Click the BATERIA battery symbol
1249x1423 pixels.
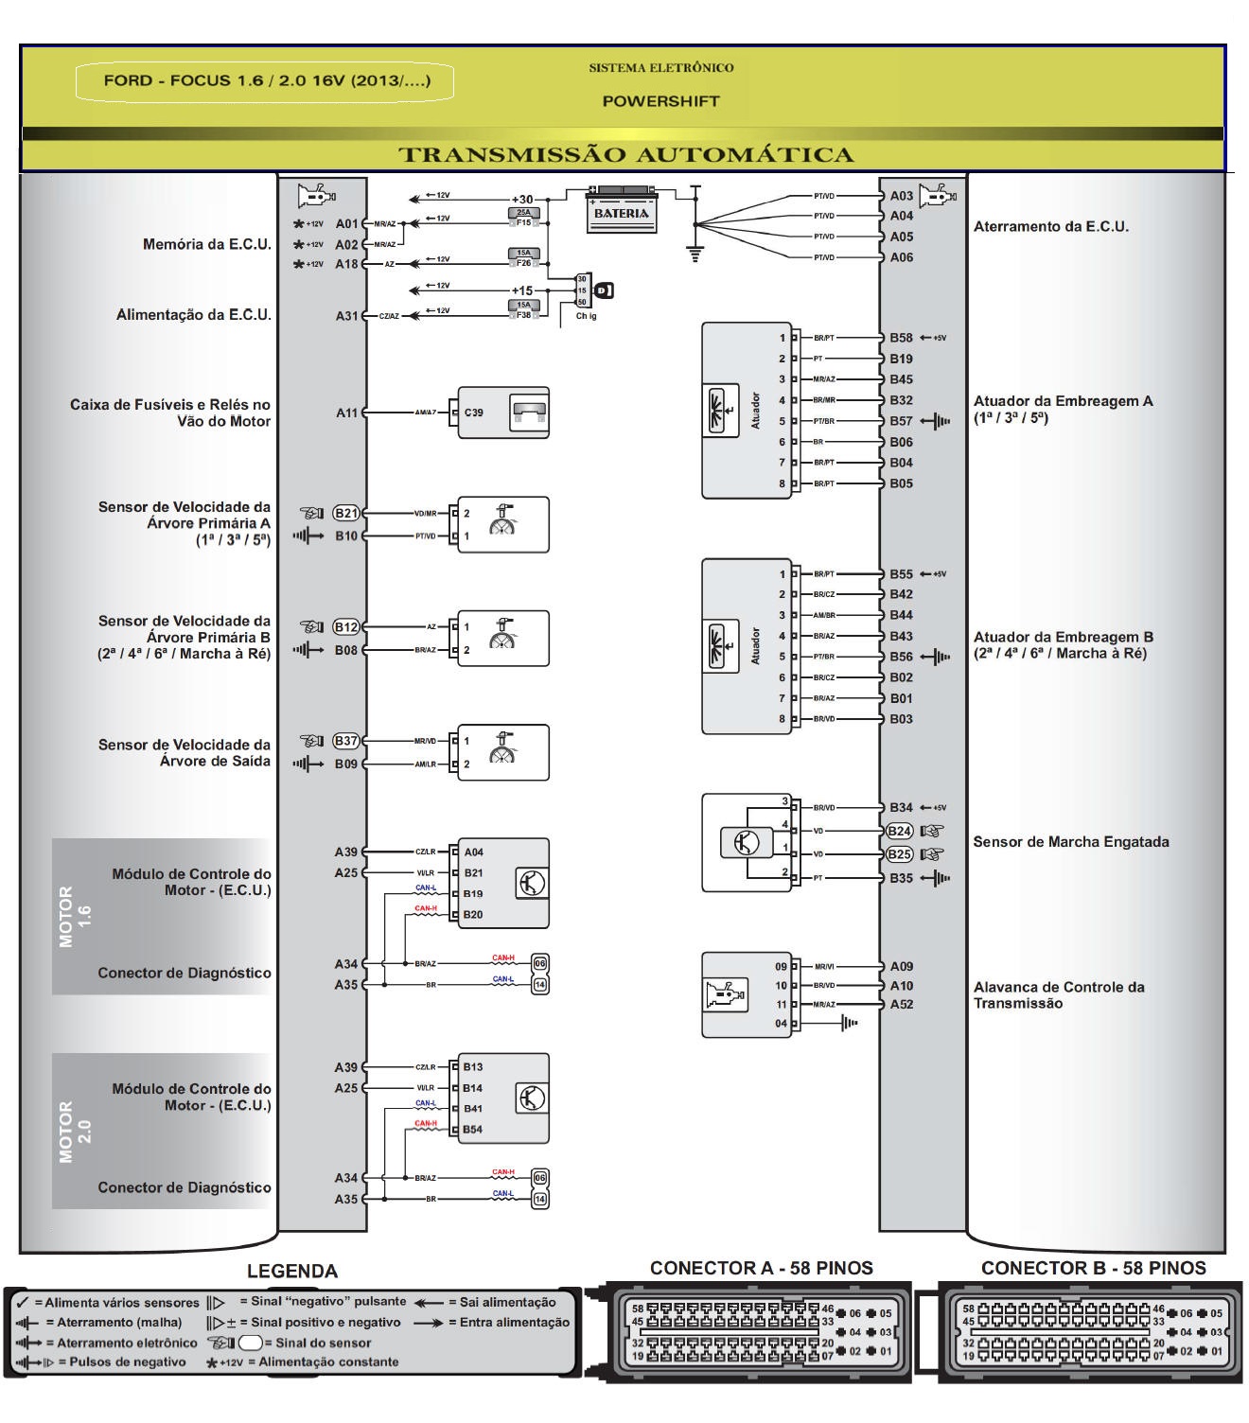(x=622, y=209)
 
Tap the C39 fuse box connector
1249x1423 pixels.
(x=502, y=413)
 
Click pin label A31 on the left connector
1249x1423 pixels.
(x=346, y=316)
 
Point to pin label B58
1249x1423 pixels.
(x=901, y=338)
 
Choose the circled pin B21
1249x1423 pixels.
(x=346, y=513)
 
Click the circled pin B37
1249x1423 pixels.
(x=346, y=741)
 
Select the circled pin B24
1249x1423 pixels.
(x=899, y=831)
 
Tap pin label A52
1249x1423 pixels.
(x=901, y=1005)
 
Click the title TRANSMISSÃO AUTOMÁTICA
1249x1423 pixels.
(x=625, y=155)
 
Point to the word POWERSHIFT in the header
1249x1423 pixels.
(x=660, y=101)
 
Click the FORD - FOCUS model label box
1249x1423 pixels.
(x=266, y=81)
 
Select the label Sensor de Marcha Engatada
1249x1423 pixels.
(x=1070, y=842)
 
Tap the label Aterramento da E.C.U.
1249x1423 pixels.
(x=1050, y=227)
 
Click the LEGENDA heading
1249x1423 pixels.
(x=291, y=1271)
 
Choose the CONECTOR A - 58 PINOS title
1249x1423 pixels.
(x=761, y=1268)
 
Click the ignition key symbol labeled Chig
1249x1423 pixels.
(x=603, y=290)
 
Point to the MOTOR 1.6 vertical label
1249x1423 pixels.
(x=75, y=916)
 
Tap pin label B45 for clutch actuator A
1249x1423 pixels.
(x=901, y=379)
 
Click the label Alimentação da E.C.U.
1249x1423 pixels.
(x=193, y=315)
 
